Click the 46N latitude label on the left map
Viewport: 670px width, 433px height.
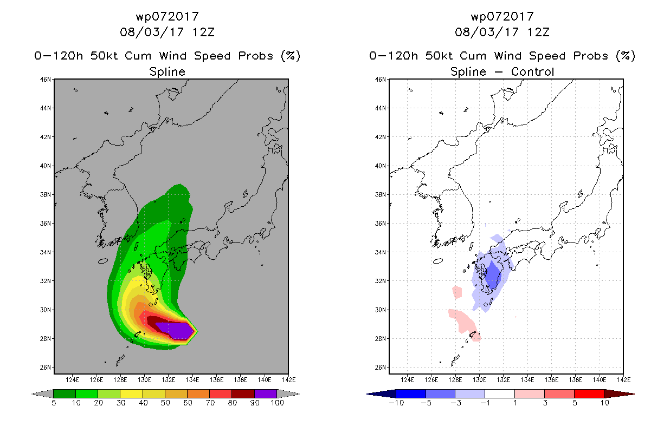(46, 79)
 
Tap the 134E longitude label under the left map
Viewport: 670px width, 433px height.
(192, 380)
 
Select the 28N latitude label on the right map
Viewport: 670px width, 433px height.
(381, 339)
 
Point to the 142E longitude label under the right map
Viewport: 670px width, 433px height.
(623, 380)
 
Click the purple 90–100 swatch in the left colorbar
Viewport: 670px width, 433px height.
(266, 393)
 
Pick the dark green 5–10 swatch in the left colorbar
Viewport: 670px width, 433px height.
(65, 393)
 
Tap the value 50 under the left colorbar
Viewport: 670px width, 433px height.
(165, 403)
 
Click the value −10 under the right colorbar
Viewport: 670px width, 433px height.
(396, 403)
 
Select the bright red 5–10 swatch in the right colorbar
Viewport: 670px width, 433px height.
(589, 393)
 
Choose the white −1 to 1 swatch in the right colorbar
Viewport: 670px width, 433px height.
(500, 393)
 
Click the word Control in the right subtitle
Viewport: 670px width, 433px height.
(532, 71)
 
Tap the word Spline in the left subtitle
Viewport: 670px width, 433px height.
(167, 72)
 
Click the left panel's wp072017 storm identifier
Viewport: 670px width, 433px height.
(168, 17)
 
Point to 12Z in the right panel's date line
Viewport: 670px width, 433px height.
(538, 32)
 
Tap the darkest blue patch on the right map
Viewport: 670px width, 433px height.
(492, 275)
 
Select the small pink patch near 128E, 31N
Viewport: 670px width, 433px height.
(457, 292)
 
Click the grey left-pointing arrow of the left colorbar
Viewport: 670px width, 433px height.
(42, 394)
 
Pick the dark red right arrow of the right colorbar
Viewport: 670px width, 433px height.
(619, 394)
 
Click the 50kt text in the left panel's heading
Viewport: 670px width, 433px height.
(104, 56)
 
